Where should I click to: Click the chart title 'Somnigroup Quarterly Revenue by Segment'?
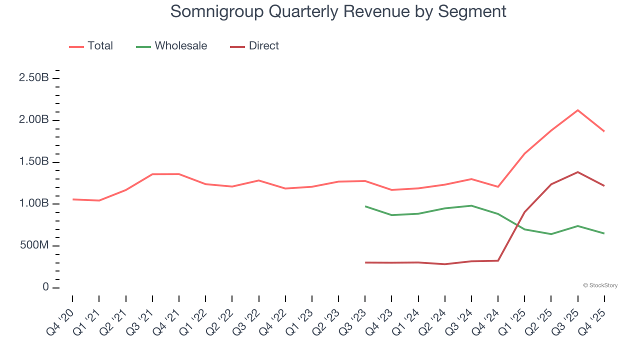[338, 11]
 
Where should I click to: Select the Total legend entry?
[91, 46]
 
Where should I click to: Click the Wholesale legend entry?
[171, 46]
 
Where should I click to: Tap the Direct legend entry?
[254, 46]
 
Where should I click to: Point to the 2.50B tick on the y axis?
[34, 78]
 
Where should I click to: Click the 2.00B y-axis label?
[34, 120]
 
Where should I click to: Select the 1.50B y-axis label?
[34, 162]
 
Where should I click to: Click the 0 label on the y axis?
[45, 287]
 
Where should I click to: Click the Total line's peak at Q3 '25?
[578, 110]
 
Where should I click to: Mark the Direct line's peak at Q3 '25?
[578, 172]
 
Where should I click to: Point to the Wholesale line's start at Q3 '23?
[365, 206]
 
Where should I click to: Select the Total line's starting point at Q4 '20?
[73, 199]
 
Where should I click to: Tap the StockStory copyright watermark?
[600, 285]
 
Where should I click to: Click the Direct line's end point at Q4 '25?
[604, 185]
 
